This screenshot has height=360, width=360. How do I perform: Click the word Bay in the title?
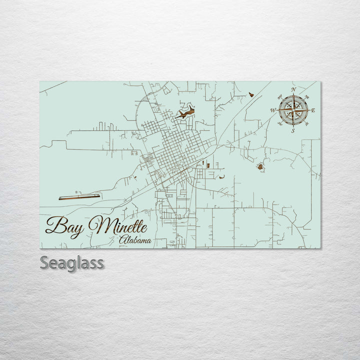tap(64, 226)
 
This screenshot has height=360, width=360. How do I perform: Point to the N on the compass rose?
tap(293, 89)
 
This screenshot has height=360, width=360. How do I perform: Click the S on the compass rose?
tap(293, 131)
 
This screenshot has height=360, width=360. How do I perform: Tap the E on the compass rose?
tap(313, 110)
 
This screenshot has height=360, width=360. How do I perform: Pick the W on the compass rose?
tap(273, 110)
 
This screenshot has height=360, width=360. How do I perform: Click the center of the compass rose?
tap(293, 110)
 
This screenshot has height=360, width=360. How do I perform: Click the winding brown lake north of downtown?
tap(186, 114)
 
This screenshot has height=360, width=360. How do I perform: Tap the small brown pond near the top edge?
tap(251, 94)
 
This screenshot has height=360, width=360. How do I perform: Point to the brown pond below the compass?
tap(260, 167)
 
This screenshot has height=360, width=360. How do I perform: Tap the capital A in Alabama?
tap(122, 240)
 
